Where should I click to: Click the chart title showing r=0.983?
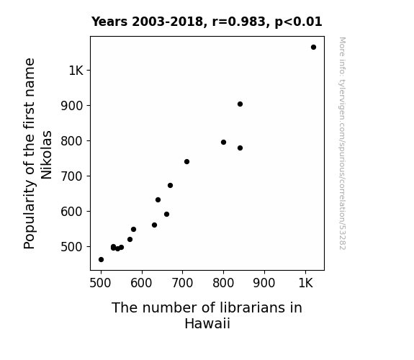(x=207, y=22)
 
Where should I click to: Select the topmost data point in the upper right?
(x=313, y=48)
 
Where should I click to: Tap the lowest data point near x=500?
(x=101, y=260)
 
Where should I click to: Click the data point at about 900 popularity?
(x=240, y=104)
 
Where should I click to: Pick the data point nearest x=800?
(x=223, y=143)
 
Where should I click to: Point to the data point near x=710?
(x=186, y=162)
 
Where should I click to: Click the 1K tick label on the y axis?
(x=76, y=71)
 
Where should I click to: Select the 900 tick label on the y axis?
(x=72, y=106)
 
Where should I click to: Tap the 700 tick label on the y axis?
(x=72, y=176)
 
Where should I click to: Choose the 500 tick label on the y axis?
(x=72, y=247)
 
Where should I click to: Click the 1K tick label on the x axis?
(x=306, y=283)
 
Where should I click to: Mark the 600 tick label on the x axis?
(x=142, y=283)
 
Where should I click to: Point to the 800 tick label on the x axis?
(x=223, y=283)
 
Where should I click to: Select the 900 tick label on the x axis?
(x=264, y=283)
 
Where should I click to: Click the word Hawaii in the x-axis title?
(x=207, y=323)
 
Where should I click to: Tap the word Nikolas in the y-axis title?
(x=47, y=155)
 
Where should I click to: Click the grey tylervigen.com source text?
(x=343, y=143)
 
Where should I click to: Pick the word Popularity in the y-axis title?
(x=30, y=214)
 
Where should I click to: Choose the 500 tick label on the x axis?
(x=100, y=283)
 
